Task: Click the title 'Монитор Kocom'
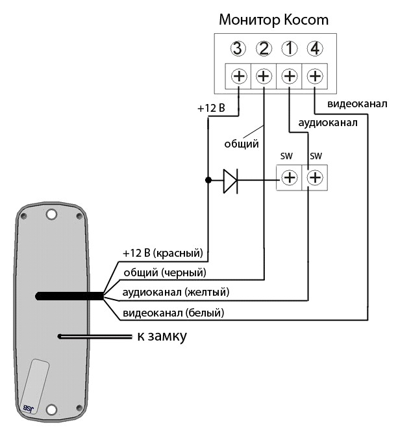(x=273, y=19)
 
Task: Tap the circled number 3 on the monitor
(x=238, y=49)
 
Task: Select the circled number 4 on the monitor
(x=315, y=49)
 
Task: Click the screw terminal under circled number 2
(x=264, y=76)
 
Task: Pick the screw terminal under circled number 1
(x=290, y=76)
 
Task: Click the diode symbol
(x=230, y=181)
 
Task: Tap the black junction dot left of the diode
(x=208, y=180)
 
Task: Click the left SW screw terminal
(x=290, y=177)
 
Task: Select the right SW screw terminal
(x=315, y=177)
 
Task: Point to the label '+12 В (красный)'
(x=163, y=253)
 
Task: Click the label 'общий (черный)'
(x=165, y=272)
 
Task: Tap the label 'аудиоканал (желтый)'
(x=176, y=292)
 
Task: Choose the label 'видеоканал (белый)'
(x=173, y=313)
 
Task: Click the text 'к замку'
(x=162, y=336)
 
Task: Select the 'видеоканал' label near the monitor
(x=357, y=104)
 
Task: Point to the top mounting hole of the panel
(x=51, y=214)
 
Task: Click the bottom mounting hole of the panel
(x=51, y=409)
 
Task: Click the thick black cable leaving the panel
(x=69, y=296)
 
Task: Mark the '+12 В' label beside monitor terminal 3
(x=211, y=109)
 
